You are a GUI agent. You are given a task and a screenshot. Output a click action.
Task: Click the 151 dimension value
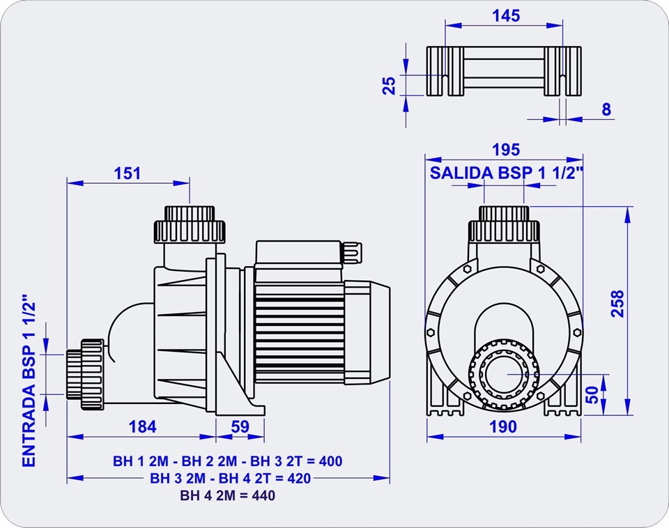(128, 173)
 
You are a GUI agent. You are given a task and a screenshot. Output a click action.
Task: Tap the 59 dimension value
(240, 426)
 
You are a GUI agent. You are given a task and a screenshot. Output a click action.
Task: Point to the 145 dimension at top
(505, 15)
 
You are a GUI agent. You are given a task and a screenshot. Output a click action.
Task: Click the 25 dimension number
(390, 85)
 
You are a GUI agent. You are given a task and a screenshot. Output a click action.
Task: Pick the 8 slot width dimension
(606, 109)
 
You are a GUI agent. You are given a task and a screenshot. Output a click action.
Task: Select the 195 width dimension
(505, 149)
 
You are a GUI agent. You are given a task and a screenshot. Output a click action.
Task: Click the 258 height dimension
(617, 303)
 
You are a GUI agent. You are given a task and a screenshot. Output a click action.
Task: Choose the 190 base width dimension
(503, 426)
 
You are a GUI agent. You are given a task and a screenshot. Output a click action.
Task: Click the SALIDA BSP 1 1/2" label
(505, 173)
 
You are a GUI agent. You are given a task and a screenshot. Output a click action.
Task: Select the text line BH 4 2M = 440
(228, 496)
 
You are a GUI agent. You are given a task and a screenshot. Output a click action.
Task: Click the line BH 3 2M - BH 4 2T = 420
(230, 478)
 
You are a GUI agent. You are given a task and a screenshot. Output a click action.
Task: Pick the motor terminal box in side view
(300, 255)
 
